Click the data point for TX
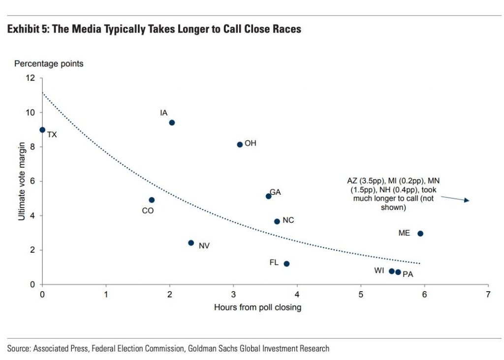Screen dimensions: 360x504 click(42, 130)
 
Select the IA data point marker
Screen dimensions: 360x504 click(172, 122)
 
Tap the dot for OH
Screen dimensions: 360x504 click(240, 145)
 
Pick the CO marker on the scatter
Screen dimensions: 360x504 click(152, 200)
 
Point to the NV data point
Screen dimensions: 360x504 click(191, 243)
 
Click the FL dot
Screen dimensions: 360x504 click(286, 264)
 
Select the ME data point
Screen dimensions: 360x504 click(420, 234)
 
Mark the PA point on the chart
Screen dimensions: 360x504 click(398, 272)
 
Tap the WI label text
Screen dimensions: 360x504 click(379, 270)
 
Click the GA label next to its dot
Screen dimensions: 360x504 click(275, 192)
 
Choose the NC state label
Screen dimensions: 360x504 click(288, 220)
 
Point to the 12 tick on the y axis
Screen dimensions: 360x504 click(31, 78)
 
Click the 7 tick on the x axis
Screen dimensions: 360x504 click(488, 294)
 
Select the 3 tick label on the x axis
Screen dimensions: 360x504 click(234, 294)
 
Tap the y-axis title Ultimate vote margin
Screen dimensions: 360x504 click(22, 181)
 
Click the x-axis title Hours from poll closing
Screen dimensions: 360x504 click(257, 307)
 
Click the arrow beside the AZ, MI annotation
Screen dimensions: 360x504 click(455, 198)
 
